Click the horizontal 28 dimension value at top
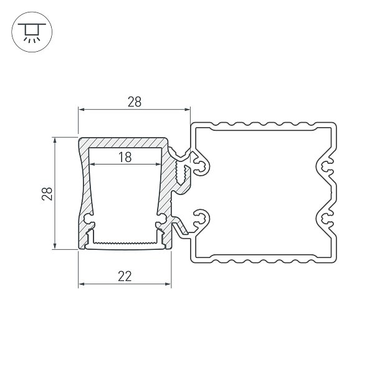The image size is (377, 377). [x=135, y=102]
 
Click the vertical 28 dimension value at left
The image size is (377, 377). [x=47, y=194]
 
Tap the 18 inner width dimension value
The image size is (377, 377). [x=125, y=157]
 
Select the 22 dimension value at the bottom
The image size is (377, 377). [x=125, y=276]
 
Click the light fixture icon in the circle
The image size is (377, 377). [x=32, y=32]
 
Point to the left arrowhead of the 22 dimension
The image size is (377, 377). [x=81, y=284]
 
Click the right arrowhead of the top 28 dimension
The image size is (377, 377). [x=188, y=110]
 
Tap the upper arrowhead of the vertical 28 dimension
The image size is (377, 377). [x=55, y=140]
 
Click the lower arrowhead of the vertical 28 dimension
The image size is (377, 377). [x=55, y=246]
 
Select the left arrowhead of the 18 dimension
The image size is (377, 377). [x=92, y=165]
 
